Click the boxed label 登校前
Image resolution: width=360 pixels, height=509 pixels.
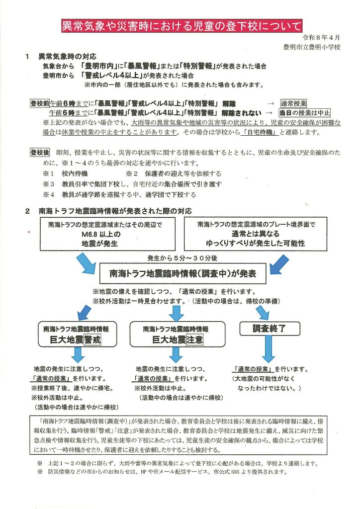tap(39, 103)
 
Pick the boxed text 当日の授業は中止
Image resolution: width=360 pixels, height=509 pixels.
tap(305, 113)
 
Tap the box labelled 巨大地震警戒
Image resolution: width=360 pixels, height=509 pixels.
tap(78, 335)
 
